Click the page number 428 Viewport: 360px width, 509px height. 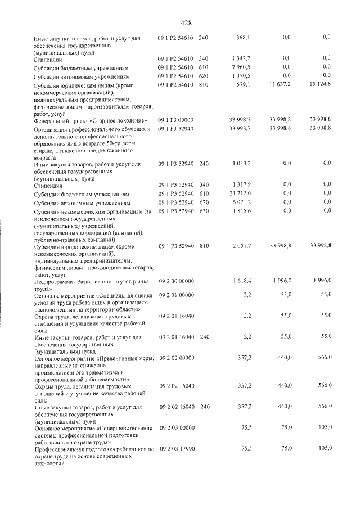pyautogui.click(x=187, y=23)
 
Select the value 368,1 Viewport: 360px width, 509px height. pyautogui.click(x=243, y=38)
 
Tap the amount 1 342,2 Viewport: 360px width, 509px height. pyautogui.click(x=241, y=58)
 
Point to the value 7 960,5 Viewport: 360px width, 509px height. pyautogui.click(x=241, y=67)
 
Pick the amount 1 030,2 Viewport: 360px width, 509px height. pyautogui.click(x=241, y=164)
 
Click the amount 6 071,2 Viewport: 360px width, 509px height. pyautogui.click(x=241, y=202)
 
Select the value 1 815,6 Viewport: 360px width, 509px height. pyautogui.click(x=241, y=211)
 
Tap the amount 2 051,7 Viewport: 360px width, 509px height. pyautogui.click(x=241, y=246)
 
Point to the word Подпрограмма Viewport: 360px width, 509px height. pyautogui.click(x=55, y=281)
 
